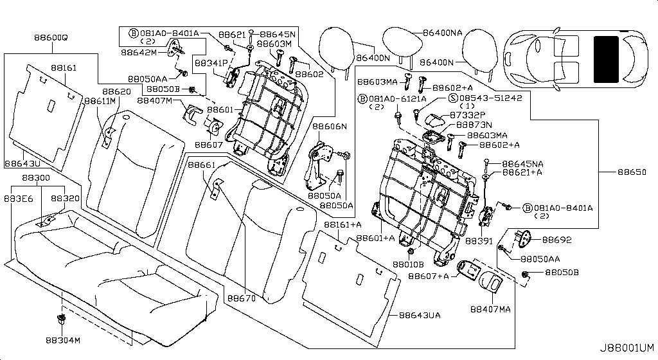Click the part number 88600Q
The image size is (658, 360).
[x=51, y=38]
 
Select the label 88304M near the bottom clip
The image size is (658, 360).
[x=63, y=340]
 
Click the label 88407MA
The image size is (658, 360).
[x=490, y=309]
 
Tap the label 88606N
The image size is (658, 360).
[x=330, y=126]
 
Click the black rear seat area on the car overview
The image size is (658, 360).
[x=606, y=60]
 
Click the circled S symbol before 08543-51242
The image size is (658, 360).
[x=452, y=98]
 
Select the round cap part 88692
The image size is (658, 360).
[x=526, y=239]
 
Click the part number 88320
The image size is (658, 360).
[x=65, y=199]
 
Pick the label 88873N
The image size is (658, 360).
[x=474, y=124]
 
